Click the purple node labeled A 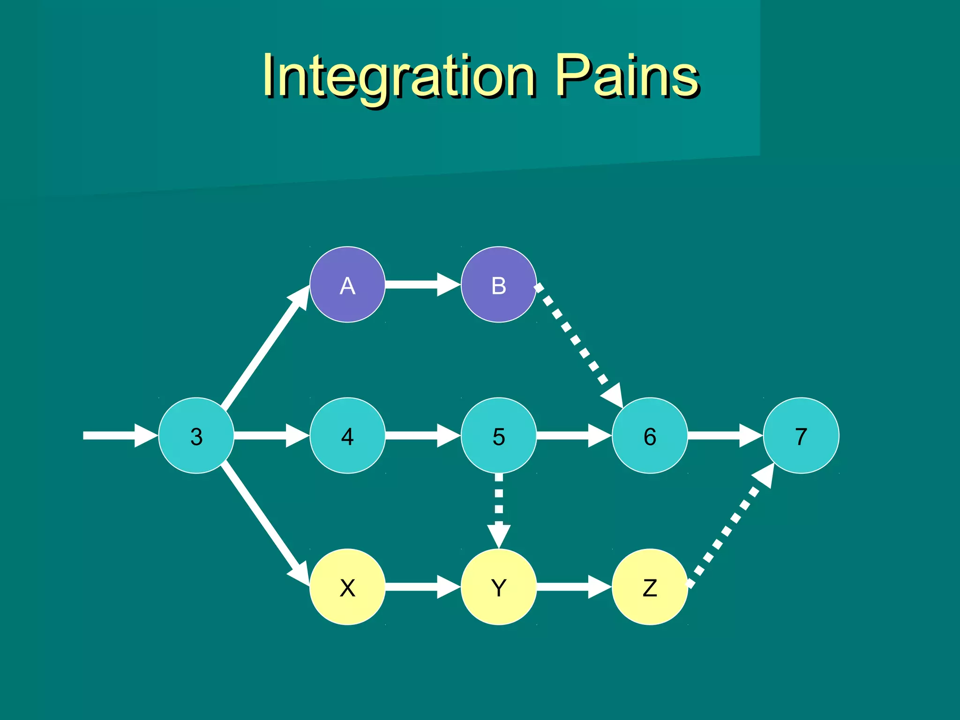point(347,285)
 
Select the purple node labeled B point(499,285)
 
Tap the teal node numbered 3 point(196,435)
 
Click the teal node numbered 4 point(347,435)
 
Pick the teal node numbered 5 point(499,435)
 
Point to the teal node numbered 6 point(650,435)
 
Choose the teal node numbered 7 point(801,435)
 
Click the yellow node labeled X point(347,587)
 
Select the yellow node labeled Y point(499,587)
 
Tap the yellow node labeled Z point(650,587)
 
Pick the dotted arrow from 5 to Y point(499,509)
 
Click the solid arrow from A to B point(422,285)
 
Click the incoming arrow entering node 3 point(120,435)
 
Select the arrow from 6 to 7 point(724,435)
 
